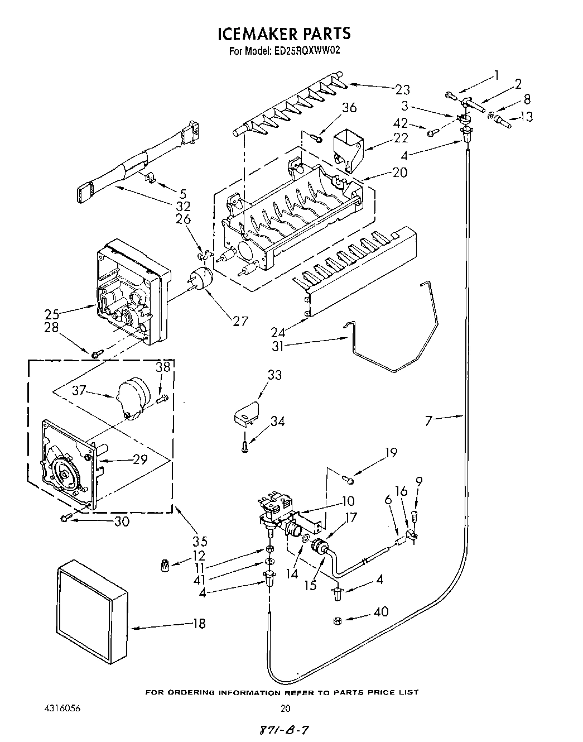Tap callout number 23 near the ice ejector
pyautogui.click(x=402, y=89)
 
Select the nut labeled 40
pyautogui.click(x=338, y=621)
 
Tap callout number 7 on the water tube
pyautogui.click(x=428, y=420)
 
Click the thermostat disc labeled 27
pyautogui.click(x=201, y=279)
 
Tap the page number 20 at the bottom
pyautogui.click(x=285, y=709)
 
